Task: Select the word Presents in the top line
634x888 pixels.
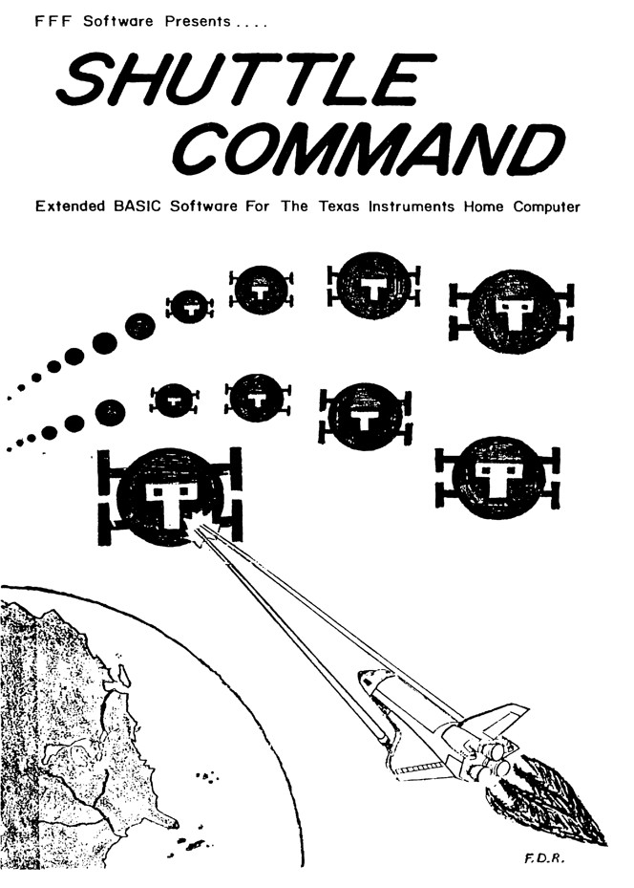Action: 198,22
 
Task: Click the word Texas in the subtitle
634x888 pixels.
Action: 338,206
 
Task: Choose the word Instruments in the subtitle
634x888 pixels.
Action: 412,206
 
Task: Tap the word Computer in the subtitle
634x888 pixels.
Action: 546,206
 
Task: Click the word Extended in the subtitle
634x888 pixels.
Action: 70,206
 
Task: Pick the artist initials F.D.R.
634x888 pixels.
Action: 545,858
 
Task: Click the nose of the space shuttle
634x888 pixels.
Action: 365,676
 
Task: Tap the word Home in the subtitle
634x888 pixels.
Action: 483,206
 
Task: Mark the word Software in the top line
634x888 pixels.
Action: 117,22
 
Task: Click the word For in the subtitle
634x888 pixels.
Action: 258,206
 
